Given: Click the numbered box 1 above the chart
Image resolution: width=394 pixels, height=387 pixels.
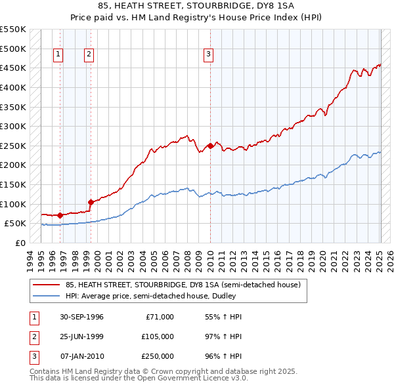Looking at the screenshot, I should [58, 55].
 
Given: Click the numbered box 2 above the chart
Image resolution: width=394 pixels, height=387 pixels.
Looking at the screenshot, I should [88, 55].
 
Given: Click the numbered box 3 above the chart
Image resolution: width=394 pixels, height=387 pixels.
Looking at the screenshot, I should [208, 55].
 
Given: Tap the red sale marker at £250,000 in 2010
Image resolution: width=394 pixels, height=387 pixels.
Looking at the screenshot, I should [210, 146].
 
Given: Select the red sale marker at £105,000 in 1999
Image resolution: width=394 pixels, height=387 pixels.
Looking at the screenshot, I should [91, 202].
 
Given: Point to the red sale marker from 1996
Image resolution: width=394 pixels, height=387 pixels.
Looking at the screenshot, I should [60, 215].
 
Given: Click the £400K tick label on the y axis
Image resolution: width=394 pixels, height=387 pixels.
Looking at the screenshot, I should [12, 87].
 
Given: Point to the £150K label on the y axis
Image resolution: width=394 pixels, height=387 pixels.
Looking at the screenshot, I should [12, 184].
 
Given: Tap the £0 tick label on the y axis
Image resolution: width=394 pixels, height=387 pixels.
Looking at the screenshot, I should [20, 243].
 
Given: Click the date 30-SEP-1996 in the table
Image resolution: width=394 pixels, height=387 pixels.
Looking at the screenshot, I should [81, 317].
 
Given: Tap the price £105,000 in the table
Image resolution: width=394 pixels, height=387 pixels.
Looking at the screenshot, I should [157, 336].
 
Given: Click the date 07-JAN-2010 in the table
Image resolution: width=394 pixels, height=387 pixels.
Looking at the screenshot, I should [81, 356].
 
